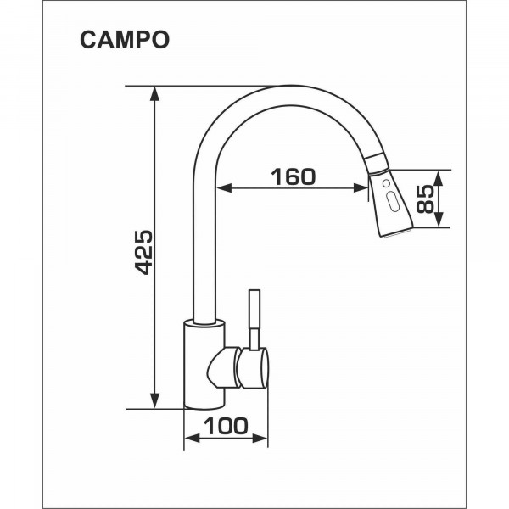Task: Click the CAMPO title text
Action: pyautogui.click(x=125, y=40)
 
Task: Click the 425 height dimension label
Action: pyautogui.click(x=143, y=253)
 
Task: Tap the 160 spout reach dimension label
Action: pyautogui.click(x=294, y=177)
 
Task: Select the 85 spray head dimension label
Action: pyautogui.click(x=425, y=199)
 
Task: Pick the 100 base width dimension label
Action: pyautogui.click(x=226, y=426)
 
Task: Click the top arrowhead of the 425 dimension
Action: pyautogui.click(x=155, y=94)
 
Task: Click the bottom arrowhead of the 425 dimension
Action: pyautogui.click(x=155, y=400)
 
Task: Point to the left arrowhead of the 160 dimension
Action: pyautogui.click(x=224, y=187)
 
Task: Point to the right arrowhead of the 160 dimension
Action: pyautogui.click(x=361, y=187)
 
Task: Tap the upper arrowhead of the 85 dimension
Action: pyautogui.click(x=439, y=178)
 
